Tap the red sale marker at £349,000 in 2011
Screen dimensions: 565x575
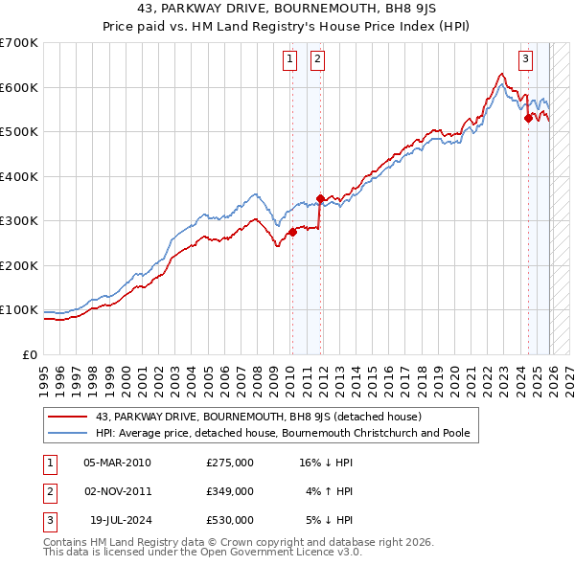pyautogui.click(x=320, y=199)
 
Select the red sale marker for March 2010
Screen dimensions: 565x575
pyautogui.click(x=292, y=232)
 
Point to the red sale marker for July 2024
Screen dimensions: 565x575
pyautogui.click(x=528, y=119)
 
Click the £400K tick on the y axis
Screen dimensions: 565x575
pyautogui.click(x=19, y=176)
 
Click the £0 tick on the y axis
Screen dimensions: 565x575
pyautogui.click(x=31, y=354)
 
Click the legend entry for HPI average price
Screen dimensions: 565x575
pyautogui.click(x=282, y=433)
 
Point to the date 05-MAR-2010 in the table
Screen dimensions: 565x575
pyautogui.click(x=117, y=463)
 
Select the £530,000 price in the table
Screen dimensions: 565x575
pyautogui.click(x=229, y=520)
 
